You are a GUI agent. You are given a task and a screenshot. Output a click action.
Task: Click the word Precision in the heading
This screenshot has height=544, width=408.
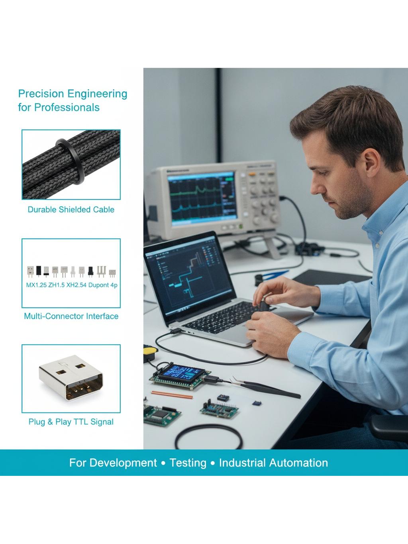(41, 94)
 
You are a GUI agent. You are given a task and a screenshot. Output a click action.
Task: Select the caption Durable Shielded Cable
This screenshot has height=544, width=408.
(71, 209)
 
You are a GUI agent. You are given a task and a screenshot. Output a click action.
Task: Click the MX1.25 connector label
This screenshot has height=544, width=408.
(36, 285)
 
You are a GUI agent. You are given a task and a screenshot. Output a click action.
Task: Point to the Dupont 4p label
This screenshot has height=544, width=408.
(103, 285)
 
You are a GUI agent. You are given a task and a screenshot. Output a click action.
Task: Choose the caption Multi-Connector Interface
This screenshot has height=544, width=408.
(71, 316)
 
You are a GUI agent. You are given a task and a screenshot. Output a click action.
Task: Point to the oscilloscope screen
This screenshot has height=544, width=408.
(202, 198)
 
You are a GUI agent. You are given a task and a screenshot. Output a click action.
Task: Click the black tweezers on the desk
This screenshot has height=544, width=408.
(265, 387)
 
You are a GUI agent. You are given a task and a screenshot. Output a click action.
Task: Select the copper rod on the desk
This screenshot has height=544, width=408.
(172, 395)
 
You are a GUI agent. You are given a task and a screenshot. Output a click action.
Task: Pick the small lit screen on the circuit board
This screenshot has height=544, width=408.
(182, 373)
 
